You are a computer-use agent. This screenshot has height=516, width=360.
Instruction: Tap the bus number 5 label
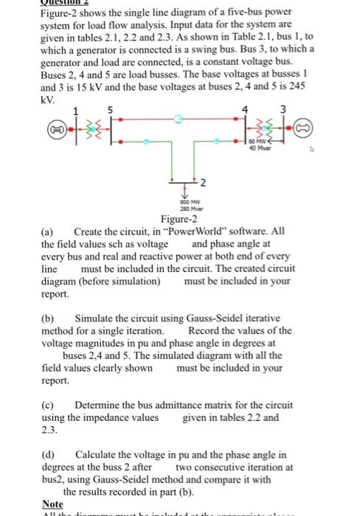[x=111, y=111]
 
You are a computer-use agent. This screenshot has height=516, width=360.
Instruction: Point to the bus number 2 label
[x=204, y=181]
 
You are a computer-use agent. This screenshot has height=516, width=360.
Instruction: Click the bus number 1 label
[x=75, y=111]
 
